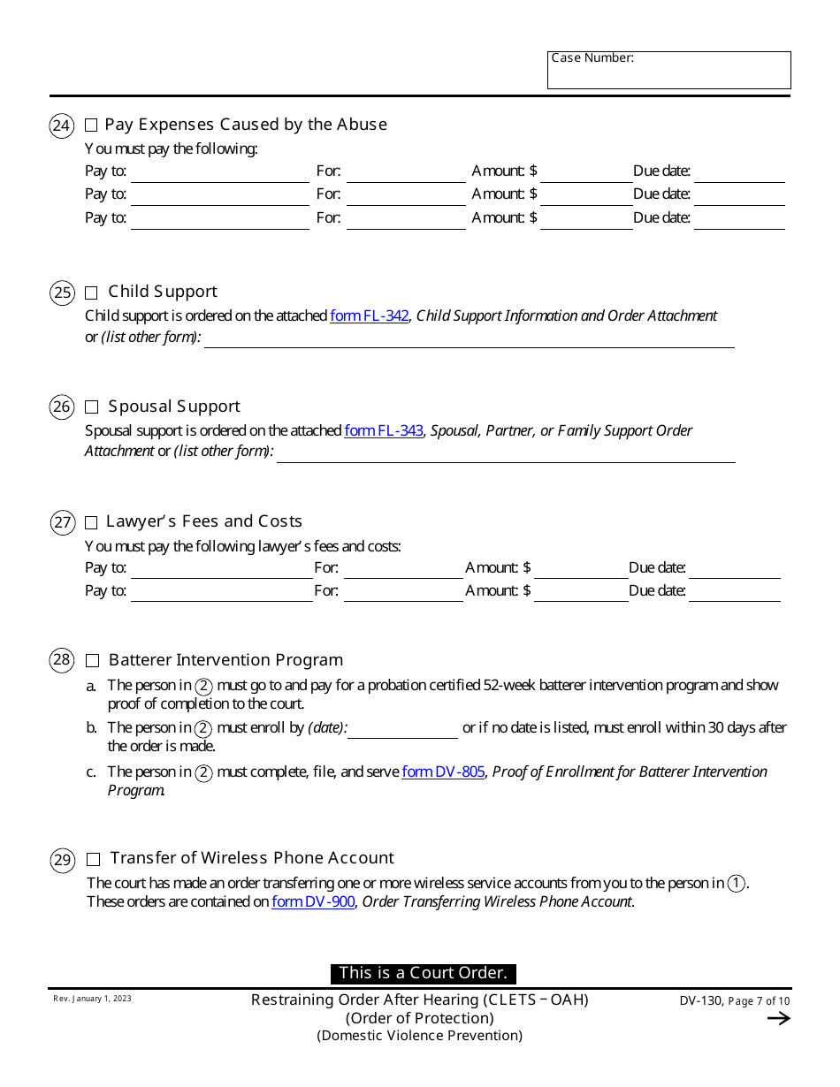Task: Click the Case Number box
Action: click(668, 71)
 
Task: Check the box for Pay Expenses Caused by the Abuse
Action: click(91, 125)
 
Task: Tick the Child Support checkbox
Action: click(91, 293)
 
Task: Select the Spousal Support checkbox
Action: click(91, 407)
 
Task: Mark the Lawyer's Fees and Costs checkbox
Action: click(91, 522)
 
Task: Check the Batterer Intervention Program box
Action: click(92, 660)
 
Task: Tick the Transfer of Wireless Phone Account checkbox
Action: click(94, 859)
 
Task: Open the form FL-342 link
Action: click(369, 315)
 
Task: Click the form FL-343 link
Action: click(383, 430)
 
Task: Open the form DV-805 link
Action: click(443, 772)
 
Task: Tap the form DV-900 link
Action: click(313, 901)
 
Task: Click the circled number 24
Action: click(61, 125)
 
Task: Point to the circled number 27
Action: click(62, 522)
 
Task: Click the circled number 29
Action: click(62, 860)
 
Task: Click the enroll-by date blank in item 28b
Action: click(403, 730)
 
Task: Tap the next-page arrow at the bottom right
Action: click(778, 1018)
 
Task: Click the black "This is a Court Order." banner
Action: click(423, 973)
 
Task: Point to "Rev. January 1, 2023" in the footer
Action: click(92, 999)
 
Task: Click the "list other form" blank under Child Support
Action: click(469, 339)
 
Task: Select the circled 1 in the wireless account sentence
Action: click(736, 883)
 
